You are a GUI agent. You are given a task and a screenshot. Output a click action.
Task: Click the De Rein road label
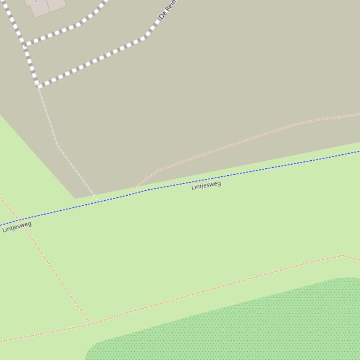[x=168, y=9]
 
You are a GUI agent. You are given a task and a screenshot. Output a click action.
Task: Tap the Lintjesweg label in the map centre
[x=206, y=186]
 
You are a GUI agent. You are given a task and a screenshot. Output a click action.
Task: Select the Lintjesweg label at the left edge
[x=17, y=226]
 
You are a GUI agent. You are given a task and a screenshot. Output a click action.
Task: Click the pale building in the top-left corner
[x=47, y=6]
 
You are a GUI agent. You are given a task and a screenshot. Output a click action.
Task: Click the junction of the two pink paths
[x=89, y=324]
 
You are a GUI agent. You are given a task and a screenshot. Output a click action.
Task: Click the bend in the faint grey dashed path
[x=58, y=146]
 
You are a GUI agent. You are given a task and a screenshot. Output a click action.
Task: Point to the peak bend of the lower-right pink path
[x=342, y=255]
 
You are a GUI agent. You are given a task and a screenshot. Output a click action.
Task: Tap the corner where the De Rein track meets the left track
[x=39, y=86]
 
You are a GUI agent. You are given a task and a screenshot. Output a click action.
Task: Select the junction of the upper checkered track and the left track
[x=26, y=45]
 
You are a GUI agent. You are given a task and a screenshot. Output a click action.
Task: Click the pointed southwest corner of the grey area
[x=75, y=198]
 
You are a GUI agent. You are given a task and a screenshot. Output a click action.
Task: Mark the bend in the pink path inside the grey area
[x=158, y=171]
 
